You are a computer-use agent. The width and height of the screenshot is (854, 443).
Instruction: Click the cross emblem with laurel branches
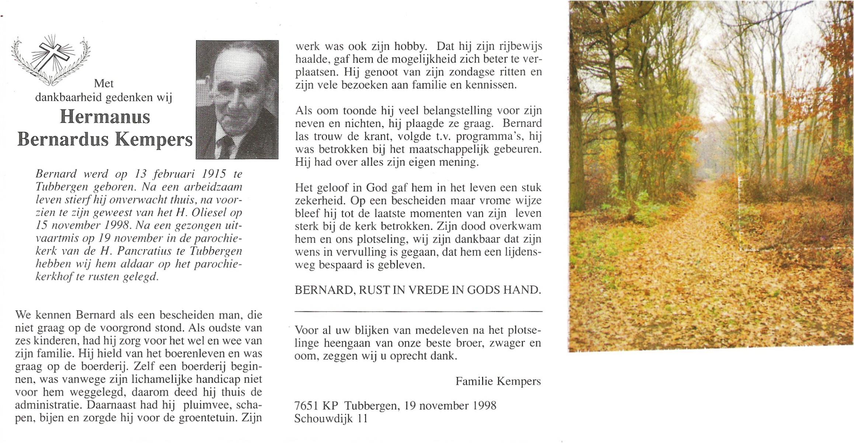[50, 59]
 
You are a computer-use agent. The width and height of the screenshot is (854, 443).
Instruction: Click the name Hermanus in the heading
[105, 117]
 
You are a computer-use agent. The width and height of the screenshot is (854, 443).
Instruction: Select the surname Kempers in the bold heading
[154, 140]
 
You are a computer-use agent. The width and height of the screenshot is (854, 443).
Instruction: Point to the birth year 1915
[214, 174]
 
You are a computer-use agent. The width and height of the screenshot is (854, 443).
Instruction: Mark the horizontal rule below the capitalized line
[418, 312]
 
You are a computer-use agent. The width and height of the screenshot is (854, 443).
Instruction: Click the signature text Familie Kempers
[498, 381]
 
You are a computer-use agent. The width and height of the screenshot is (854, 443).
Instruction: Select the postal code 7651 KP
[316, 406]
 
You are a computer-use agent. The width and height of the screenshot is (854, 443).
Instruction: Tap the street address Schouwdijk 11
[331, 419]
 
